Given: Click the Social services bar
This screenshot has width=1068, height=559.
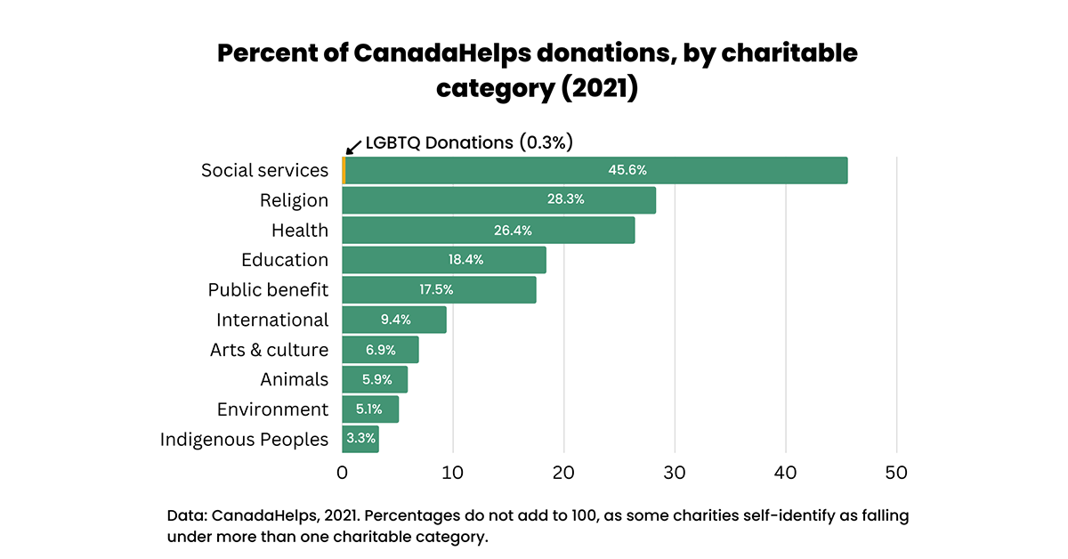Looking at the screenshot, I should point(595,170).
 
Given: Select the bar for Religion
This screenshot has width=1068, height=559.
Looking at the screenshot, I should point(498,200).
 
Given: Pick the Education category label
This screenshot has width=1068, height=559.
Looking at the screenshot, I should point(285,260).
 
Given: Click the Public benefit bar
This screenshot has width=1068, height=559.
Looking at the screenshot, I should point(439,290).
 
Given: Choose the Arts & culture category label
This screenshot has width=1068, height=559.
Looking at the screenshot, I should point(269,350).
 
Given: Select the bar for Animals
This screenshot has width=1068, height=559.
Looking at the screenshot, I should point(375,379).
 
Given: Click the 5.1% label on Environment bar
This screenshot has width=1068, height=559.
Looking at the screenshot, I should point(368,409).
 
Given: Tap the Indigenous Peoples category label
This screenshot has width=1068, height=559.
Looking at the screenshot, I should point(244,439).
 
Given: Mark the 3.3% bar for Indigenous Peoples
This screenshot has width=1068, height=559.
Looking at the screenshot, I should point(360,439).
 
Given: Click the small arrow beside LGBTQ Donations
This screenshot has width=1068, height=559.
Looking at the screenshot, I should point(352,146).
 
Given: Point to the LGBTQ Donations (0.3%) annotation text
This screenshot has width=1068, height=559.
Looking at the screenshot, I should point(468,142).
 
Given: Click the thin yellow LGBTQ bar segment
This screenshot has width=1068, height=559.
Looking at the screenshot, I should point(344,170).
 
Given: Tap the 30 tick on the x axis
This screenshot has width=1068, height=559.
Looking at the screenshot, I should point(675,473).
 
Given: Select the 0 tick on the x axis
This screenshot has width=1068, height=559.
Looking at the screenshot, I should point(343,473).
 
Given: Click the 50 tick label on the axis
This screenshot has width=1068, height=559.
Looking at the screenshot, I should point(896,473).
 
